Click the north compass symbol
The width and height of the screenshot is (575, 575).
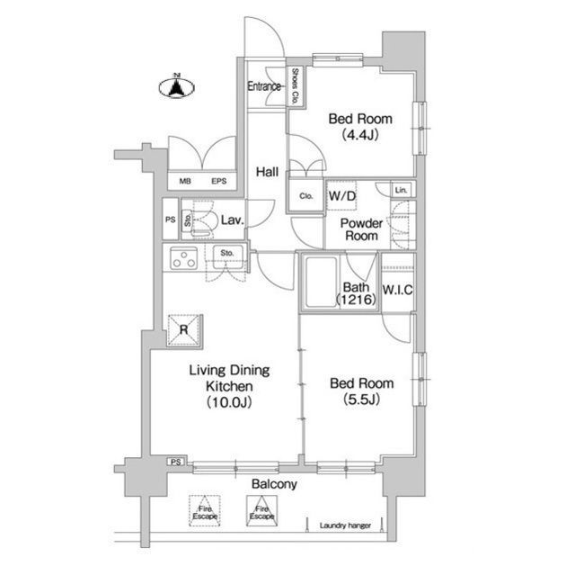click(177, 86)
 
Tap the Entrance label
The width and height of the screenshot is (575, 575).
click(264, 86)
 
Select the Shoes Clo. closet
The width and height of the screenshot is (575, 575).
click(295, 86)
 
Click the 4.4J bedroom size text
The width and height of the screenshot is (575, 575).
click(360, 135)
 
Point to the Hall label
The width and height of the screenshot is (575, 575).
click(267, 172)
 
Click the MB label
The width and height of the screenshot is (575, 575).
click(185, 181)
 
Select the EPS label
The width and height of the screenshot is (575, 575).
click(219, 181)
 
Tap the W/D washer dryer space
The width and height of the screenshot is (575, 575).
click(341, 195)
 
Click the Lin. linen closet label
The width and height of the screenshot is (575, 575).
click(401, 190)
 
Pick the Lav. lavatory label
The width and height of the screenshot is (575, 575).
click(233, 220)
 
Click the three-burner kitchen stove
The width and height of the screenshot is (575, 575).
click(183, 258)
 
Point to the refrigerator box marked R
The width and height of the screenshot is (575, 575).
click(183, 330)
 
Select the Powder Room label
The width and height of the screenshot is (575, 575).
click(361, 229)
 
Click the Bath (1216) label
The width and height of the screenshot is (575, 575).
click(357, 293)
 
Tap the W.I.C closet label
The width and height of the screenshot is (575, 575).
click(397, 290)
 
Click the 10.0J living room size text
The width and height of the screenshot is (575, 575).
click(229, 402)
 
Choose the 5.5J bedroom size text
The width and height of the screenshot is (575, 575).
click(361, 400)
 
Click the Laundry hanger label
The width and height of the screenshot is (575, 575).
click(345, 526)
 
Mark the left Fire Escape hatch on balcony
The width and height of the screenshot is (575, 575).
click(205, 510)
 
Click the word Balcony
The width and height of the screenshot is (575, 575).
click(274, 484)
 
